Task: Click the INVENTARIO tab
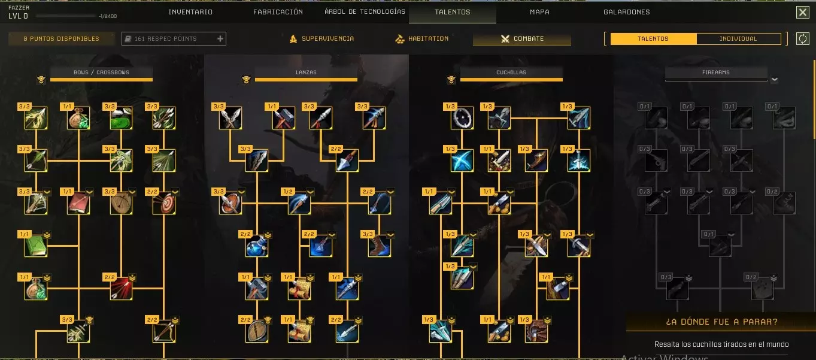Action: [190, 12]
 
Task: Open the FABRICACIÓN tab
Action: [278, 12]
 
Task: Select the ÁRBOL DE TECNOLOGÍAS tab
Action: [365, 12]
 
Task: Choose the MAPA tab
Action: [539, 12]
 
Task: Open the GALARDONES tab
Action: [626, 12]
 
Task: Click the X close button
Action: [802, 13]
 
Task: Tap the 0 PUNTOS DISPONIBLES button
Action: [61, 39]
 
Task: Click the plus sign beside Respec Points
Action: [220, 39]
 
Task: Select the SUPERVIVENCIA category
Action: [321, 39]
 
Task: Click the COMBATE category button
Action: [522, 39]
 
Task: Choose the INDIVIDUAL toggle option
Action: [738, 39]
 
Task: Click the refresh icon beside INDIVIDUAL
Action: [802, 39]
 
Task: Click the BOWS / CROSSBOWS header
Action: [101, 72]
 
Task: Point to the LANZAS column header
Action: [306, 72]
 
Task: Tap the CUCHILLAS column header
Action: [511, 72]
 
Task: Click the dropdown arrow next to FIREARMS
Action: [774, 79]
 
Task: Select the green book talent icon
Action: [36, 246]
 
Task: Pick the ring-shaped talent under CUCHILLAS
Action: [462, 118]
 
